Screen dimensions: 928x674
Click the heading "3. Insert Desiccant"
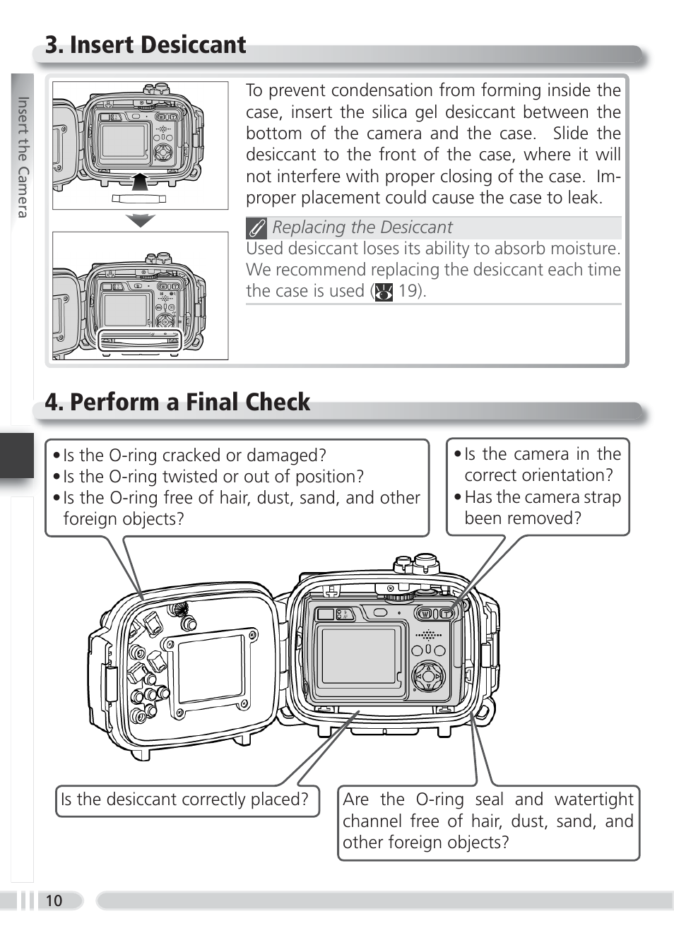(146, 45)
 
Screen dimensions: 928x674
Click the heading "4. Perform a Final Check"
(177, 403)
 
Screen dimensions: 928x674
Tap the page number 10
(54, 900)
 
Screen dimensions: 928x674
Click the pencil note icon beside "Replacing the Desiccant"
(256, 228)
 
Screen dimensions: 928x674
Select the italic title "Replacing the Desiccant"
(362, 227)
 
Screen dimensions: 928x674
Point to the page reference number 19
(408, 291)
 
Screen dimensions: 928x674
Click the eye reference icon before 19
(384, 292)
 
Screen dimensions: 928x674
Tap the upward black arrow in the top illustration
(141, 182)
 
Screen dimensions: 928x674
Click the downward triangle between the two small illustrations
(141, 220)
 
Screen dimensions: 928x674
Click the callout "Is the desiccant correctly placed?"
(185, 800)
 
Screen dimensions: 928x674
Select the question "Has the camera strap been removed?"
(542, 508)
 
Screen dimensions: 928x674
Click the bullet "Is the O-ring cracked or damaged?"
(194, 456)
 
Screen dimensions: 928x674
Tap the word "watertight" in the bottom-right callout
(593, 799)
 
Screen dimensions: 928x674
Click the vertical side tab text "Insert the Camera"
(23, 157)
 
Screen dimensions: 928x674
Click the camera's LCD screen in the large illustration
(358, 655)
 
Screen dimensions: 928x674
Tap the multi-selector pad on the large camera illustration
(428, 677)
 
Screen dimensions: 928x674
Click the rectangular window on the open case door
(211, 668)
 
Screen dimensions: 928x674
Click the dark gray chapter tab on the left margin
(16, 456)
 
